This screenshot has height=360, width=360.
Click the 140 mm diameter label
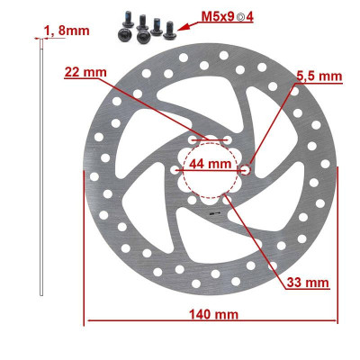213,313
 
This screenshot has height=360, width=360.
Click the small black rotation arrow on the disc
212,214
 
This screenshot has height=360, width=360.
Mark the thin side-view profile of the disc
42,171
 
